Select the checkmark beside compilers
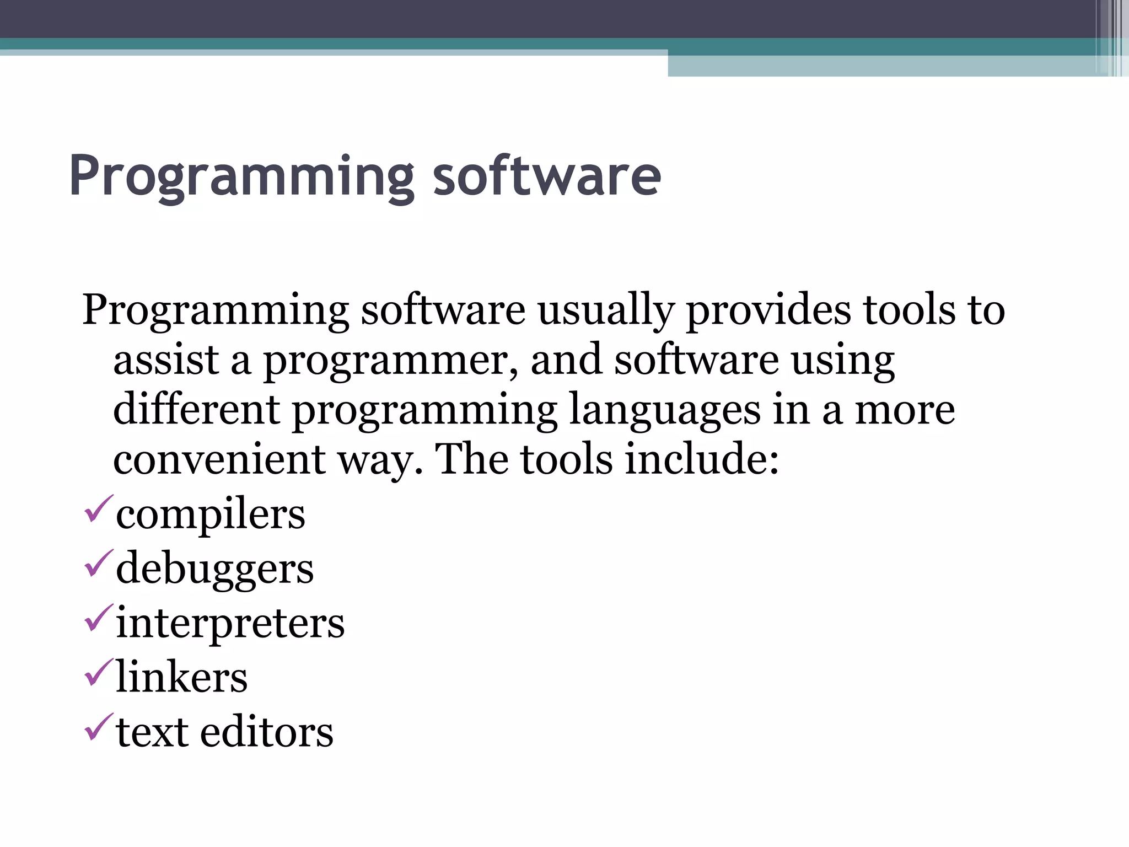[x=99, y=510]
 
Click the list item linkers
[x=182, y=678]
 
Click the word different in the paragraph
[x=196, y=409]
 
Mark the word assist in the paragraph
[x=166, y=360]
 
